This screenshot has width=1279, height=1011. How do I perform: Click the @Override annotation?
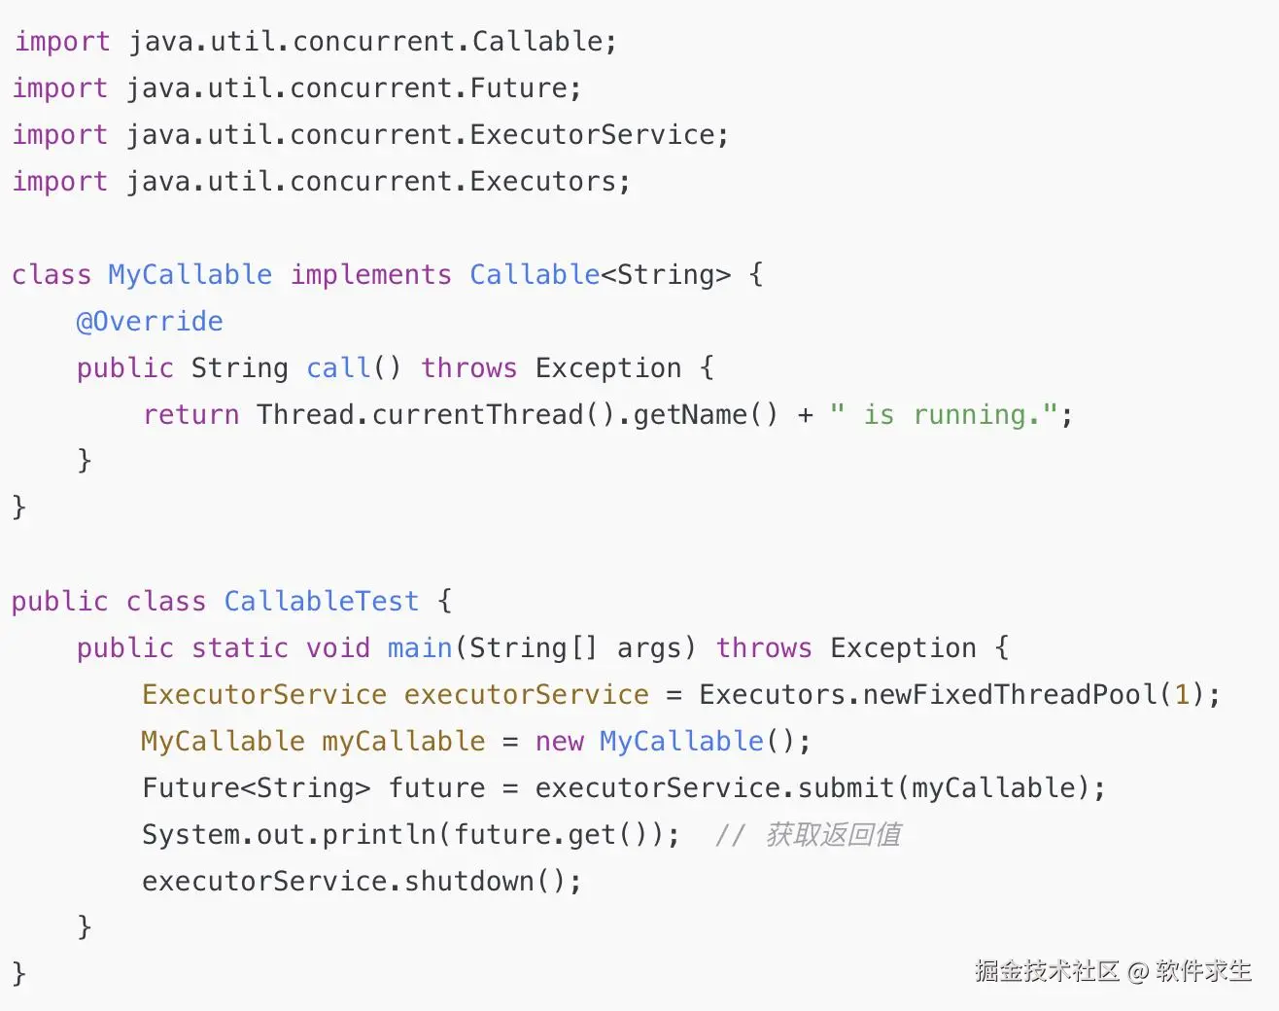[x=150, y=322]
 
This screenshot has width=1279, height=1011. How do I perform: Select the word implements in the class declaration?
[x=370, y=275]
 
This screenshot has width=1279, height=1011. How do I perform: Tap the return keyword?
[x=190, y=415]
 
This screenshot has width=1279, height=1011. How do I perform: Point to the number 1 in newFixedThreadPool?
[x=1182, y=695]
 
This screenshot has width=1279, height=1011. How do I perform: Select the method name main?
[x=420, y=648]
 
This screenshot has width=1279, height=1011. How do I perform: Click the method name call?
[x=337, y=368]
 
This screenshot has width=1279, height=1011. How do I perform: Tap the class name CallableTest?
[x=321, y=602]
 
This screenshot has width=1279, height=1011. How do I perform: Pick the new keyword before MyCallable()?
[x=559, y=742]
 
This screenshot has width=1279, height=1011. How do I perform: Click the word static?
[x=239, y=648]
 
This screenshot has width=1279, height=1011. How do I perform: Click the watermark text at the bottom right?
[x=1113, y=970]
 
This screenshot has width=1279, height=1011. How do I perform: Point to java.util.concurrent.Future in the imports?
[x=346, y=88]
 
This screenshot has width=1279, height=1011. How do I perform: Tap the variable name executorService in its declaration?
[x=526, y=695]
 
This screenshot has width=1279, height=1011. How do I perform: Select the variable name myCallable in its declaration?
[x=403, y=742]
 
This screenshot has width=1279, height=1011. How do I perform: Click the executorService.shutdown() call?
[x=362, y=882]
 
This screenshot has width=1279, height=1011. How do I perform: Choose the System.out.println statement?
[x=410, y=835]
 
